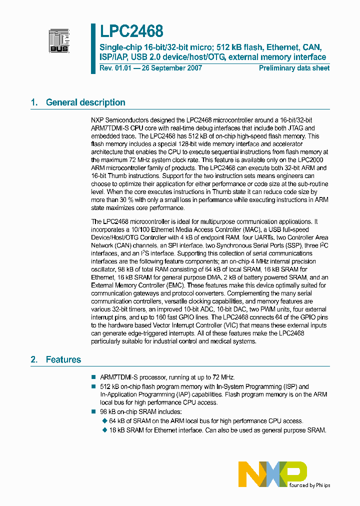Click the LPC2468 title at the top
click(131, 32)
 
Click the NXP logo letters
click(272, 472)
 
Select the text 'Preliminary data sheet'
click(294, 68)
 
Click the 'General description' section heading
click(85, 102)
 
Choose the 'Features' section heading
click(63, 359)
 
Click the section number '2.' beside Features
click(34, 359)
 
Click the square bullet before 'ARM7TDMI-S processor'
click(93, 377)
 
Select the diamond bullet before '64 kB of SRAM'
click(105, 421)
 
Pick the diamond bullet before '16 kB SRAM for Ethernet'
click(105, 430)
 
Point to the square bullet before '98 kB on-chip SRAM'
click(93, 411)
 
